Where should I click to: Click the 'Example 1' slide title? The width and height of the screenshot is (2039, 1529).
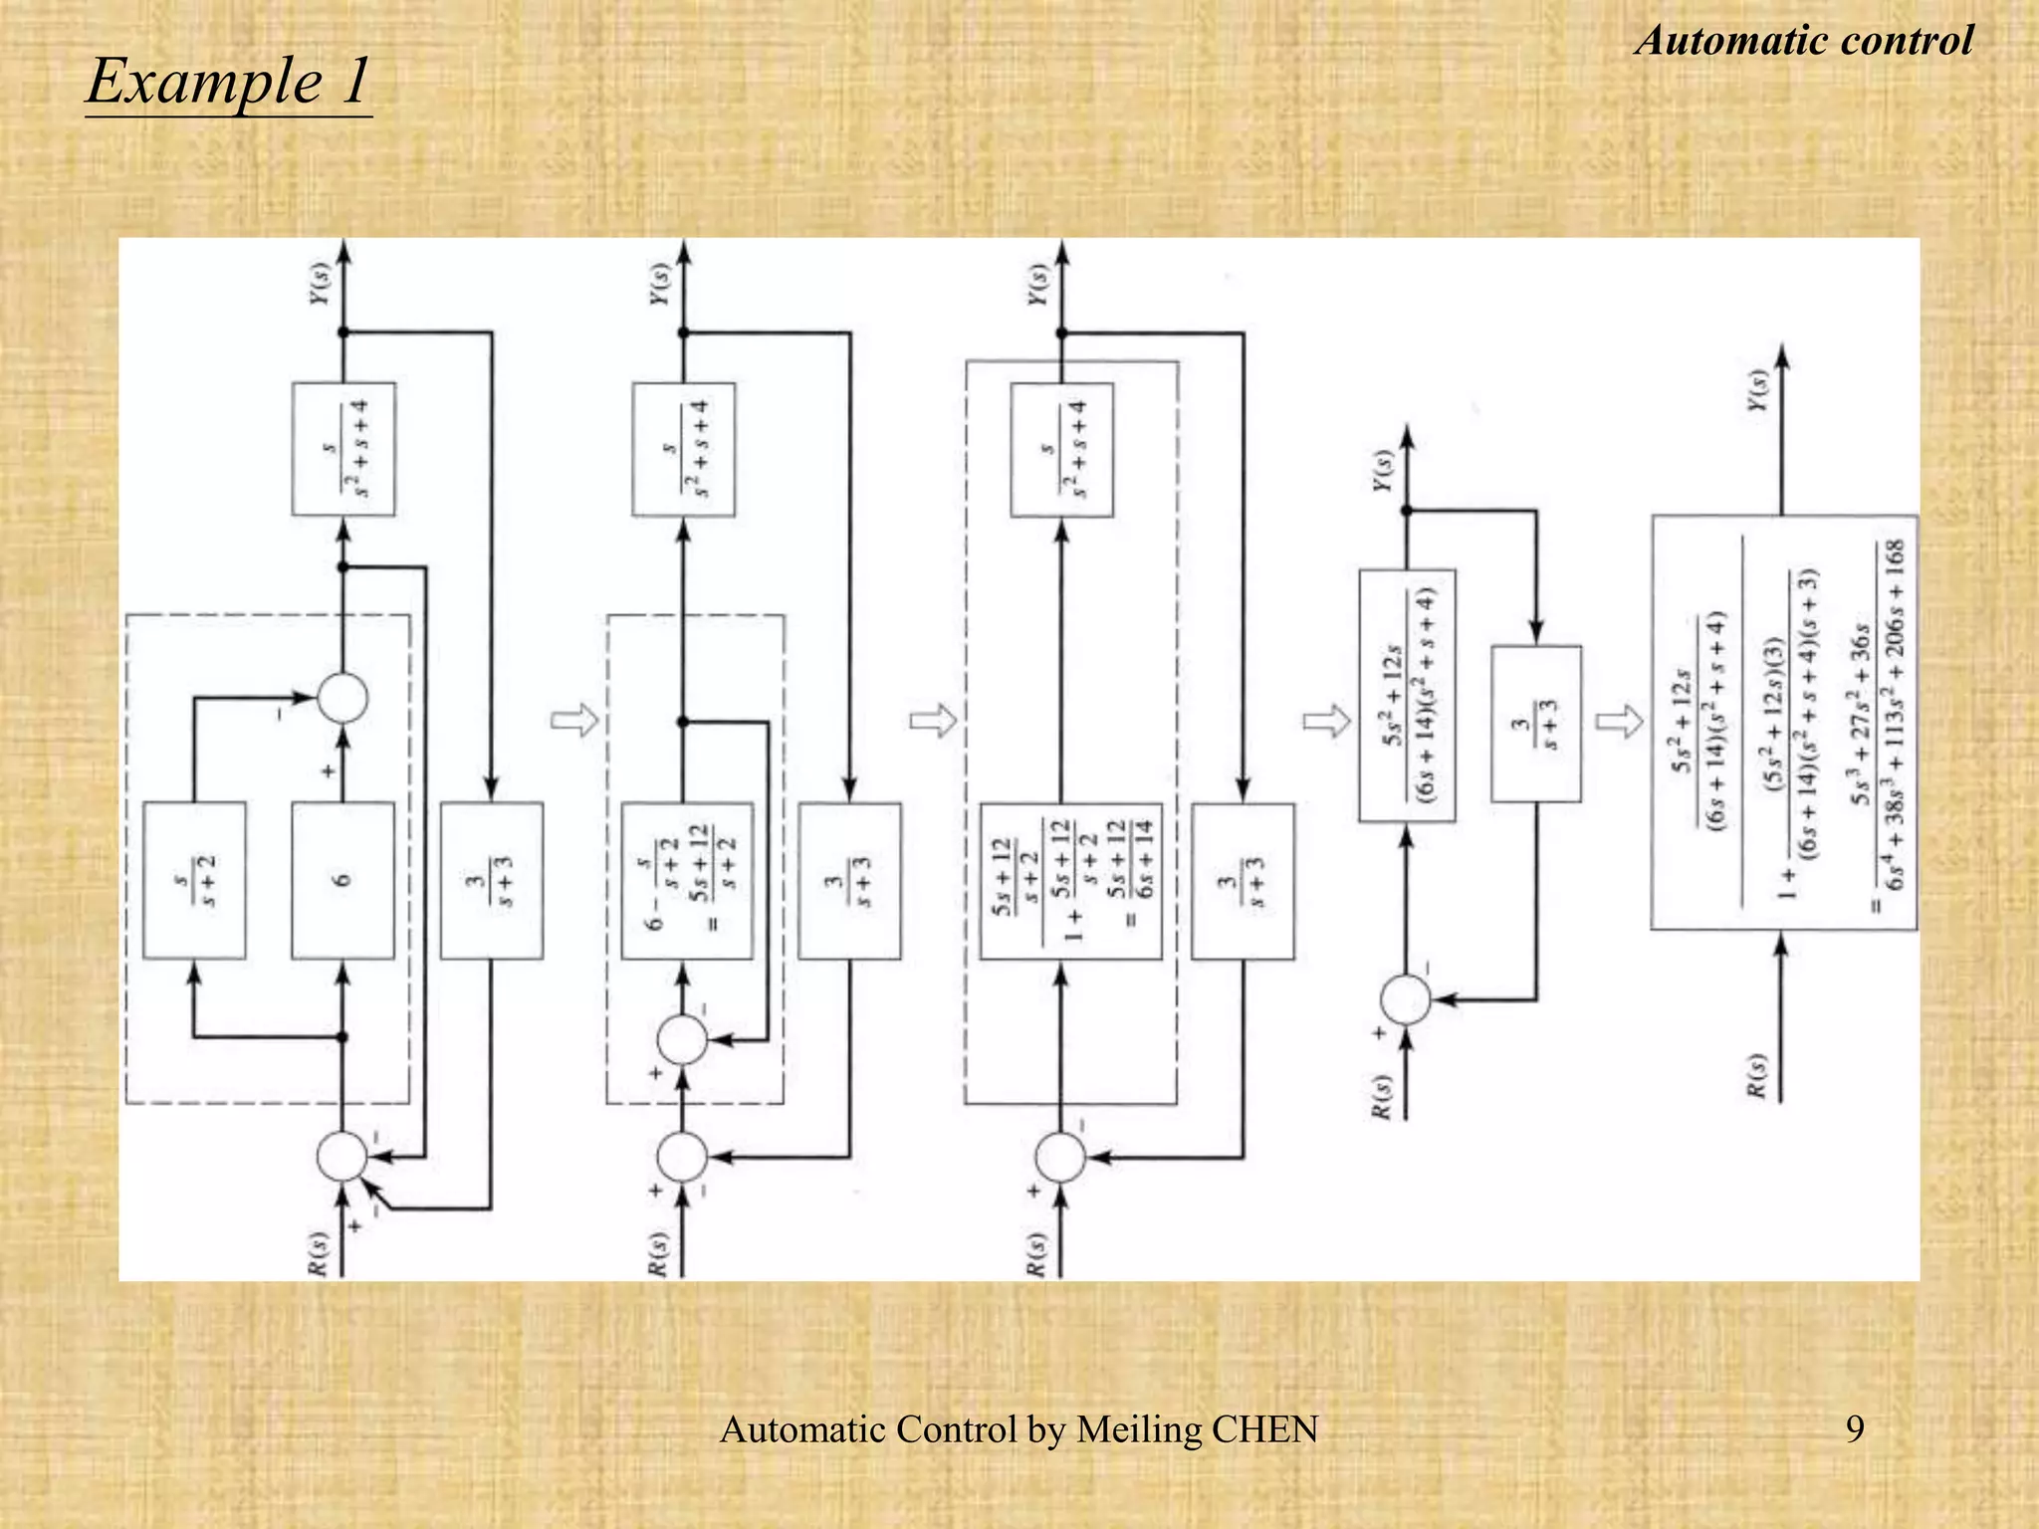point(228,81)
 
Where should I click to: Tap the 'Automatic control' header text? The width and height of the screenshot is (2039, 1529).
point(1803,41)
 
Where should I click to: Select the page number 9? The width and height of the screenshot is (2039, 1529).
point(1855,1428)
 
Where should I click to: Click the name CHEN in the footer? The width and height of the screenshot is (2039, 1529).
point(1264,1429)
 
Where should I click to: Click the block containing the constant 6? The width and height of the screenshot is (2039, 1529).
point(342,880)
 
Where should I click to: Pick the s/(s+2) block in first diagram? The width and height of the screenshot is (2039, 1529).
point(194,880)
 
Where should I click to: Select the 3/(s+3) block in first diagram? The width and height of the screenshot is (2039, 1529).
point(492,880)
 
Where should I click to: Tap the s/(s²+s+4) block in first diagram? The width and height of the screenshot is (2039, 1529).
point(343,449)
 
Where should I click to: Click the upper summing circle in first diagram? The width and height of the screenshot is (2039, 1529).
point(342,699)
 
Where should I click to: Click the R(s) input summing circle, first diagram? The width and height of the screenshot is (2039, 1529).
point(342,1157)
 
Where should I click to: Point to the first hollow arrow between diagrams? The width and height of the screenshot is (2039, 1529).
point(574,720)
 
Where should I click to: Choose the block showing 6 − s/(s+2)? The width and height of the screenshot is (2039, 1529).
point(687,880)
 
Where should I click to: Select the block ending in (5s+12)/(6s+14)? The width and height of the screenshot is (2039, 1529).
point(1070,880)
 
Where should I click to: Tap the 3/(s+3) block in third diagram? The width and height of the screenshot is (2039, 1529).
point(1243,880)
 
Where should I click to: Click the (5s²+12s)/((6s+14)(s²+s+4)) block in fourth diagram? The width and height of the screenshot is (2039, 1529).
point(1407,695)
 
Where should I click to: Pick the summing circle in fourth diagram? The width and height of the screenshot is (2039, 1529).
point(1406,999)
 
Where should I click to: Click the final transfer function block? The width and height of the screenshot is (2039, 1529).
point(1783,722)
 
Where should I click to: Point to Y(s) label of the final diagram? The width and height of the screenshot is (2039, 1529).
point(1759,390)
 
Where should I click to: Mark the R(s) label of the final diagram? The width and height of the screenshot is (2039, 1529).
point(1758,1075)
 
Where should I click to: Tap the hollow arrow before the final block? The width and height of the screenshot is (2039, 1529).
point(1619,720)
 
